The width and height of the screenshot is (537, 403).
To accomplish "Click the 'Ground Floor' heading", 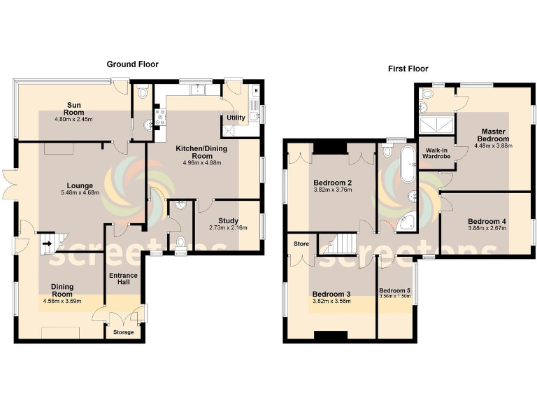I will (132, 64).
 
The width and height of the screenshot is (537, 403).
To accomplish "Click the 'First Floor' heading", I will (408, 69).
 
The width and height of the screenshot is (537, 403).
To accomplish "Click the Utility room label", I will (236, 118).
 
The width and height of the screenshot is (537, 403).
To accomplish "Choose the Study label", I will (228, 220).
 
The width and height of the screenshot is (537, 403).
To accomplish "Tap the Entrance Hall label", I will (124, 279).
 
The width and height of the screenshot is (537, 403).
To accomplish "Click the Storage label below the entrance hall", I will (123, 332).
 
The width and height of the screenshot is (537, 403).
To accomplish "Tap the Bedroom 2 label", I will (331, 183).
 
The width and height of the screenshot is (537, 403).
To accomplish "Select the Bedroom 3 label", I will (331, 293).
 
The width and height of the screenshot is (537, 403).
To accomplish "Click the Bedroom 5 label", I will (395, 290).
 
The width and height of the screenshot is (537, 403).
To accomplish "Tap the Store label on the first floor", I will (301, 244).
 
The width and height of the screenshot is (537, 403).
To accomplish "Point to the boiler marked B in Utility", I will (256, 90).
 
